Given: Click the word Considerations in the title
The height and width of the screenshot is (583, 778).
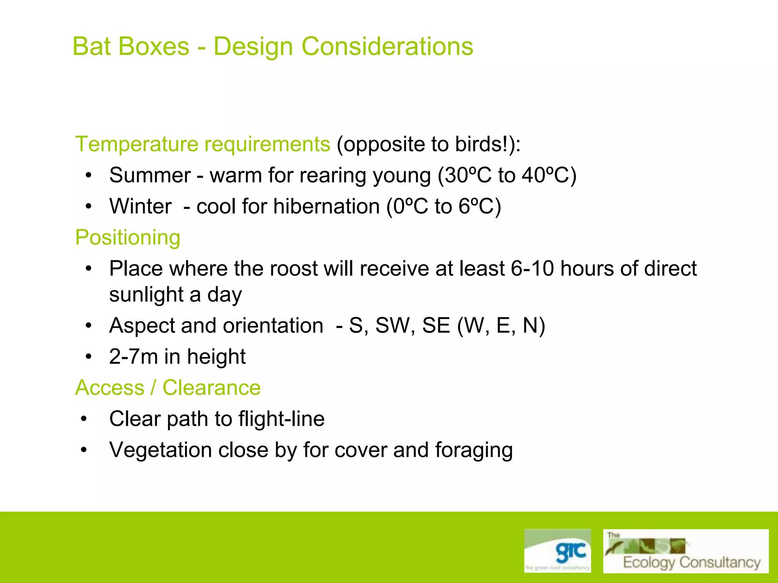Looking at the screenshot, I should (x=387, y=46).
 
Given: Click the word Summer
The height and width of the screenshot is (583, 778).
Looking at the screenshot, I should (x=150, y=175).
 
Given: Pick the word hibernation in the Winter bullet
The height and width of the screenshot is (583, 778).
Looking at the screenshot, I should (x=326, y=206).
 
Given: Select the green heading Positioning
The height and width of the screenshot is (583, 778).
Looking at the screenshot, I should (x=128, y=238).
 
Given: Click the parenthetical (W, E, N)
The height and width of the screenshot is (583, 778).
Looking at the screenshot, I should (x=501, y=326).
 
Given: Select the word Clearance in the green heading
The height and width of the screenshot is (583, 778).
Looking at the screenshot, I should (x=212, y=388).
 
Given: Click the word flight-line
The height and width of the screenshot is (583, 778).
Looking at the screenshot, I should (x=281, y=419).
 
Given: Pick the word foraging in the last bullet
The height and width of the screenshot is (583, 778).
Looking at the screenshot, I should (x=474, y=450).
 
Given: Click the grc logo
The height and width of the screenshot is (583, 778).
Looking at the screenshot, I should (x=557, y=551).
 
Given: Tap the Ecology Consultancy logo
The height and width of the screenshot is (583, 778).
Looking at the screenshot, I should (x=685, y=551).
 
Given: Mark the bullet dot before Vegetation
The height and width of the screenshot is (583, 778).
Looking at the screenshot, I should (x=84, y=450).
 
